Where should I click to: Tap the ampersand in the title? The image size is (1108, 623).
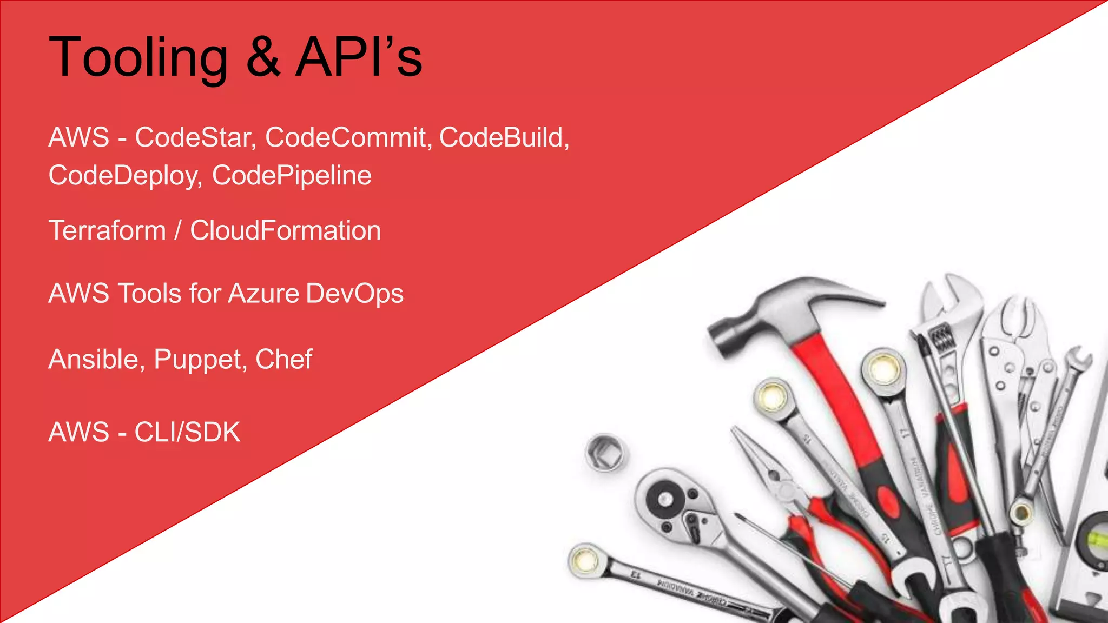tap(263, 57)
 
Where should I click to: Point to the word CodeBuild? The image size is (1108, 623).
tap(503, 137)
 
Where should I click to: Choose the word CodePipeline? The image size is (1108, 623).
tap(292, 176)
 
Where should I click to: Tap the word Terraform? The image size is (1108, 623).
tap(107, 231)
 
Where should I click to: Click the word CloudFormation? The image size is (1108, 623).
tap(285, 231)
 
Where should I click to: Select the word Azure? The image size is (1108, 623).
tap(263, 294)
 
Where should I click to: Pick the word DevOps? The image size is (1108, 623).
tap(354, 294)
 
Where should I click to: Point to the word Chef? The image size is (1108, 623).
tap(283, 360)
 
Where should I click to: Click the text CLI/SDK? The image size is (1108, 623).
tap(187, 432)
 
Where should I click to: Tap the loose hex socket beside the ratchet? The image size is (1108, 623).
tap(606, 452)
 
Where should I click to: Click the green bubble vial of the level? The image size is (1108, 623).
tap(1098, 538)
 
